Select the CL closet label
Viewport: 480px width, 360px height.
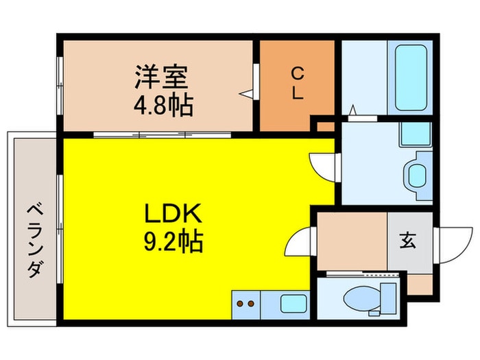pos(296,83)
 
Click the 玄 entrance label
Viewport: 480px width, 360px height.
pos(408,241)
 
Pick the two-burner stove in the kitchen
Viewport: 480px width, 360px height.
pos(245,302)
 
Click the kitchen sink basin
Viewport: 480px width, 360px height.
pos(295,302)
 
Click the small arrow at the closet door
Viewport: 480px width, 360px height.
pos(245,91)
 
